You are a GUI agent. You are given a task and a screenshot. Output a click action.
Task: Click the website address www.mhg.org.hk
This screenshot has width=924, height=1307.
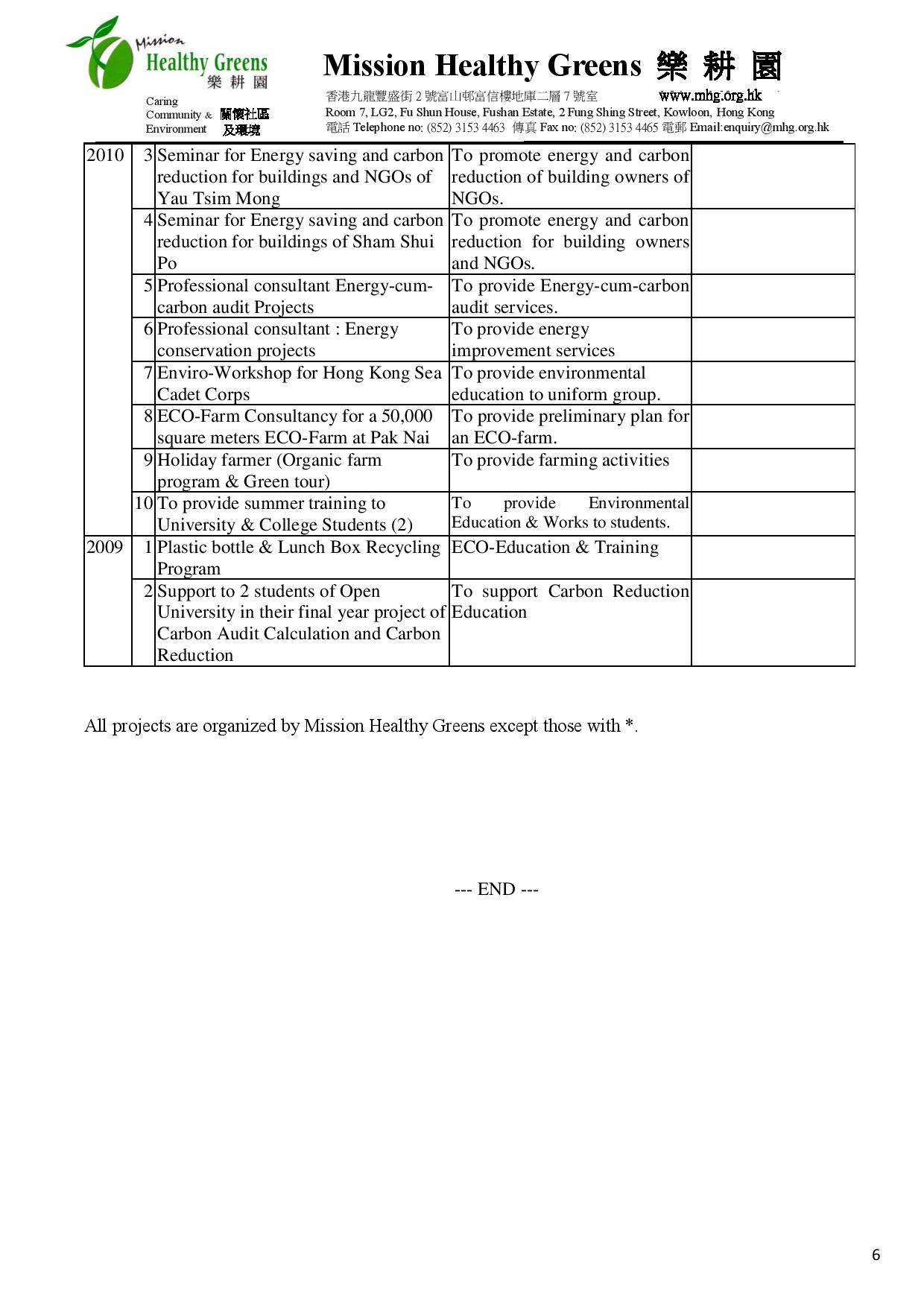click(709, 95)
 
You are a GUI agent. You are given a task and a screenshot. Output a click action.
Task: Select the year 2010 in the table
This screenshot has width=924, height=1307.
click(105, 155)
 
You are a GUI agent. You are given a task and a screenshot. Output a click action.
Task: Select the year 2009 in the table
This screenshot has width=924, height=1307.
click(105, 547)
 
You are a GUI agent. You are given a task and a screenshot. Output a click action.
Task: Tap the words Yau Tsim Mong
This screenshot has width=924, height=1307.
click(218, 198)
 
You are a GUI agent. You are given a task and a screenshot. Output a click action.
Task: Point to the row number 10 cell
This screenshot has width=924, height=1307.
click(144, 503)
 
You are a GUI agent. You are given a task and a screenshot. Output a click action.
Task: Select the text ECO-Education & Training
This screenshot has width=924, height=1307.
click(555, 547)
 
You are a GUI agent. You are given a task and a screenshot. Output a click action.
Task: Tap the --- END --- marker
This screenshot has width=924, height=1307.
click(496, 889)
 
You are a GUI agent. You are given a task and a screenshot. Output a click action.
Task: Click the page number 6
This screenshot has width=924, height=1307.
click(876, 1255)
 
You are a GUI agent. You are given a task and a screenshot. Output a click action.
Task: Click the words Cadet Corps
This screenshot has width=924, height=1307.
click(203, 394)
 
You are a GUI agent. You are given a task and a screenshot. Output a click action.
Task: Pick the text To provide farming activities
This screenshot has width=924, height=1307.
click(560, 460)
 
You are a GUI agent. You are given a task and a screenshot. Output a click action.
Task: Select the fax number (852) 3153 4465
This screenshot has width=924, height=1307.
click(619, 127)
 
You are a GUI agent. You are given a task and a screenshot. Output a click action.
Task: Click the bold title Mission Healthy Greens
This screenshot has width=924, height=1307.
click(482, 66)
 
